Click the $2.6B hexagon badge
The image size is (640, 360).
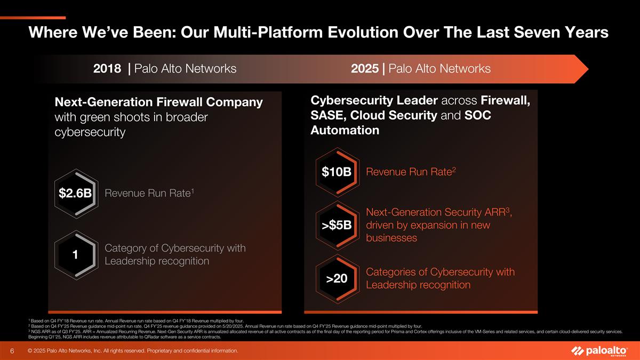(x=75, y=193)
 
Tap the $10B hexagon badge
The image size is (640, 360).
(x=337, y=172)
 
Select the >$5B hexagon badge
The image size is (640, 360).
(x=337, y=225)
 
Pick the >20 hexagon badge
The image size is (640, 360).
(x=337, y=278)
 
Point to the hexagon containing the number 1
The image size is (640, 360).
(x=75, y=255)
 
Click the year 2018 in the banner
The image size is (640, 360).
(x=107, y=69)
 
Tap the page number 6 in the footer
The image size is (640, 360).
(x=12, y=351)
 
